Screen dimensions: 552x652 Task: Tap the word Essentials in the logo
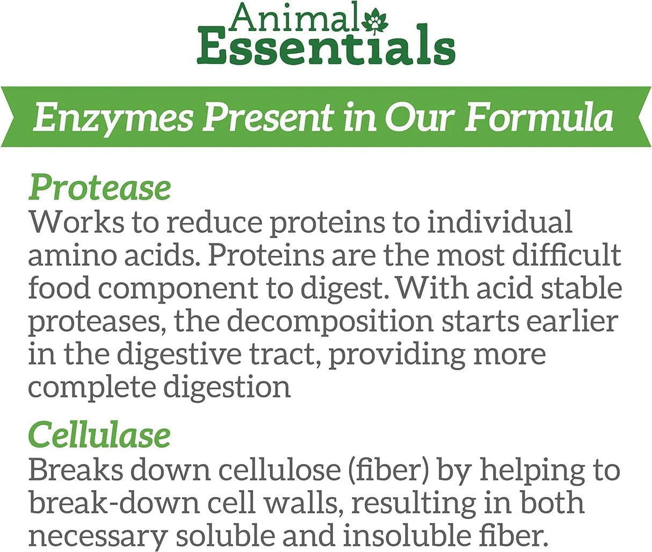[326, 49]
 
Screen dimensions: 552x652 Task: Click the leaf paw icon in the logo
[371, 23]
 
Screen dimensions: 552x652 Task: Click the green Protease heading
[100, 188]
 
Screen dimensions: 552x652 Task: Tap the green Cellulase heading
[99, 435]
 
